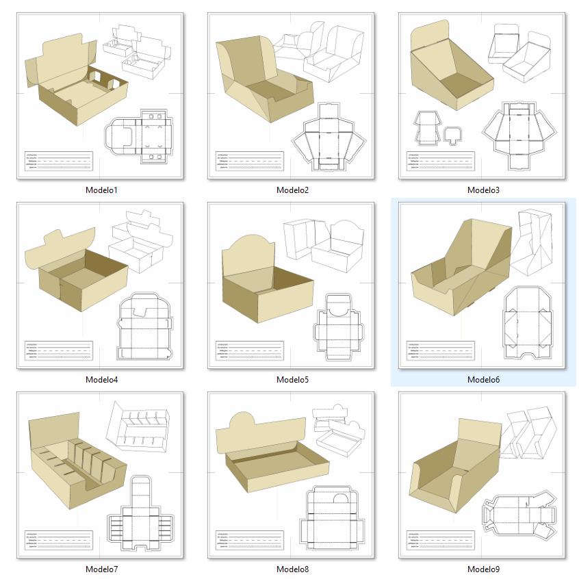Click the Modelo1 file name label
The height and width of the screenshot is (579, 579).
pyautogui.click(x=101, y=190)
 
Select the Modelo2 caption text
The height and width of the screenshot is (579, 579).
pyautogui.click(x=292, y=190)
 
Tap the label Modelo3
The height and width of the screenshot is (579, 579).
pyautogui.click(x=483, y=190)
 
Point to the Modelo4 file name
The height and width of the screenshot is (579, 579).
pyautogui.click(x=101, y=379)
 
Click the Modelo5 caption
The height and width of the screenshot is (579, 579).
pyautogui.click(x=292, y=379)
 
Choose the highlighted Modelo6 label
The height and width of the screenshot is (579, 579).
pyautogui.click(x=483, y=379)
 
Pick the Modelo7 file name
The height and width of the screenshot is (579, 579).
pyautogui.click(x=101, y=569)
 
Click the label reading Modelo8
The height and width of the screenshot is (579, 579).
pyautogui.click(x=292, y=569)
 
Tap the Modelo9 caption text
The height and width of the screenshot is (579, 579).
pyautogui.click(x=483, y=569)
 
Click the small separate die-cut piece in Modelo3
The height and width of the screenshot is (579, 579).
pyautogui.click(x=452, y=133)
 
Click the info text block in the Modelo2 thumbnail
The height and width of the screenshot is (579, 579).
pyautogui.click(x=248, y=161)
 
